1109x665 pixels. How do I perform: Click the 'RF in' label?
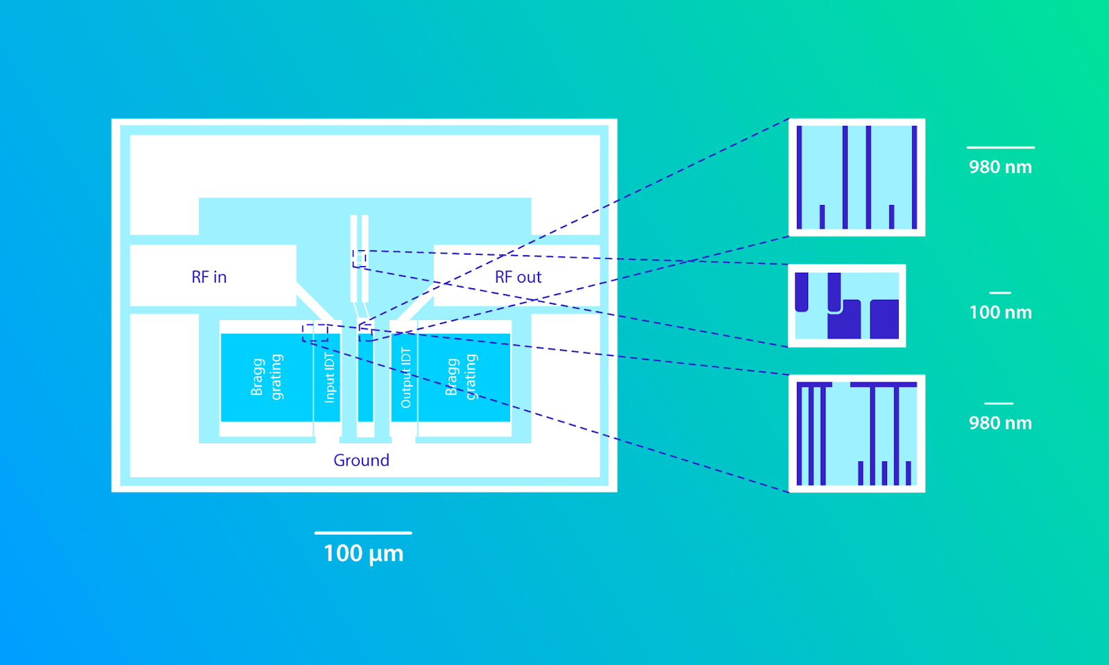point(209,277)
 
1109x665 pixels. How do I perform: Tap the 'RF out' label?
point(518,277)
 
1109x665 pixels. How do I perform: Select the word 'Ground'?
point(361,460)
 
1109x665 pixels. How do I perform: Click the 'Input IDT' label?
point(329,378)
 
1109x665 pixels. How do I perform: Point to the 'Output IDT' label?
point(405,378)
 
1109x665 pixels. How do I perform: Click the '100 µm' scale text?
point(363,553)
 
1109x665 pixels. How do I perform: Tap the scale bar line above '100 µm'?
point(363,533)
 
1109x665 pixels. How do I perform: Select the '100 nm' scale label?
point(1000,312)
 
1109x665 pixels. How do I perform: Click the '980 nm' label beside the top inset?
point(1000,167)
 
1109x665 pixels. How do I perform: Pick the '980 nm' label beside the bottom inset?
point(1000,423)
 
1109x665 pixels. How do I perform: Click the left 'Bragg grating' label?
point(267,377)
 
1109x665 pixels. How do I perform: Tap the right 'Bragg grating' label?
point(461,377)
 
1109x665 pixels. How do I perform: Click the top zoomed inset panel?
point(857,177)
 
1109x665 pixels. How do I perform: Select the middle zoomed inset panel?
point(846,305)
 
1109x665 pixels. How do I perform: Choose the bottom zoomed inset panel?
point(857,434)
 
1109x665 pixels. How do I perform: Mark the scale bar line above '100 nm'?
point(1000,293)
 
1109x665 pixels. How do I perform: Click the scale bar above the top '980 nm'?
point(1001,148)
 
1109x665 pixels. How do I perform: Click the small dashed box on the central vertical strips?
point(360,259)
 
